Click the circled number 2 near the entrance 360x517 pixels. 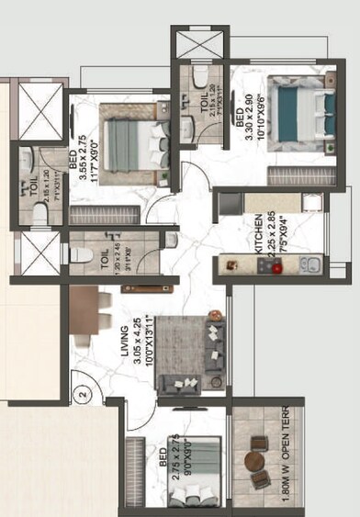[82, 397]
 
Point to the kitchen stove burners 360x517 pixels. [268, 265]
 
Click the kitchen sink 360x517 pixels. [307, 266]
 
